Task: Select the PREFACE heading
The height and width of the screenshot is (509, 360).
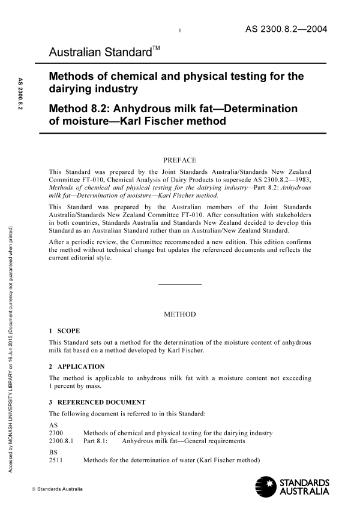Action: pyautogui.click(x=179, y=160)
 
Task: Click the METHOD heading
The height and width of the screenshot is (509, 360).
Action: pyautogui.click(x=179, y=314)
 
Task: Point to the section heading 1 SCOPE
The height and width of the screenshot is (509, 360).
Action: pyautogui.click(x=64, y=331)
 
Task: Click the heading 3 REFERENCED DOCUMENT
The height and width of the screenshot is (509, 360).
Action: pyautogui.click(x=97, y=402)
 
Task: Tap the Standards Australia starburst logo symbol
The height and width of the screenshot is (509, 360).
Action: pyautogui.click(x=268, y=485)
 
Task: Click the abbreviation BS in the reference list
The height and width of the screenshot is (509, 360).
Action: pyautogui.click(x=53, y=452)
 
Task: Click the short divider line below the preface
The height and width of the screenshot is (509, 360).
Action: pyautogui.click(x=179, y=284)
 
